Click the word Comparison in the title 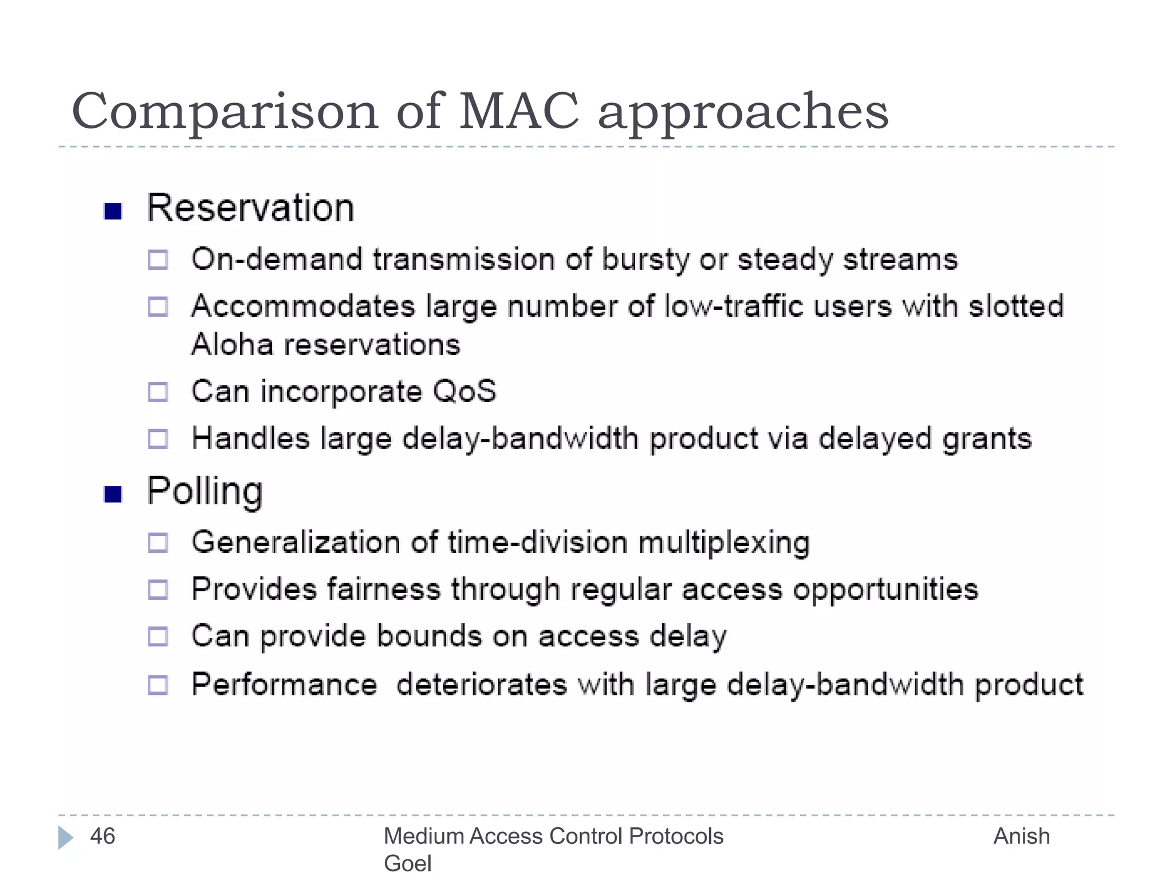tap(225, 112)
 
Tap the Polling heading tap(204, 492)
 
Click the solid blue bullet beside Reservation tap(113, 211)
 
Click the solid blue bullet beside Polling tap(113, 494)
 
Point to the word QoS tap(464, 391)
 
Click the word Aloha tap(232, 345)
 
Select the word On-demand tap(277, 260)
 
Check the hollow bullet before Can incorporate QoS tap(158, 392)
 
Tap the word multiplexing tap(724, 543)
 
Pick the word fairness tap(384, 590)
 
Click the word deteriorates tap(481, 685)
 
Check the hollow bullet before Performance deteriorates tap(158, 685)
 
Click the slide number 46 tap(103, 836)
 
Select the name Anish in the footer tap(1021, 836)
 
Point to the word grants tap(987, 439)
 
